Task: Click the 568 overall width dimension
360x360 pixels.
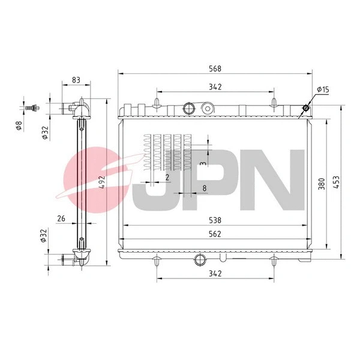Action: click(x=215, y=67)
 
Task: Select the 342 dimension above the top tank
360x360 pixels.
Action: click(x=215, y=86)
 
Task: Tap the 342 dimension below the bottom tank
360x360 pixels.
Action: click(x=215, y=274)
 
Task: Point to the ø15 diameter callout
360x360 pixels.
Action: click(x=324, y=90)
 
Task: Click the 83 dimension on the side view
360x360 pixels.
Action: click(x=76, y=79)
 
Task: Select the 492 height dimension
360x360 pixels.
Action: click(x=102, y=182)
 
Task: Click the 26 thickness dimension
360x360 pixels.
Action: click(x=61, y=218)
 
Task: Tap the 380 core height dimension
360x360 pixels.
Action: click(x=322, y=184)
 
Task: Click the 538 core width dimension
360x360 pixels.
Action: click(x=215, y=220)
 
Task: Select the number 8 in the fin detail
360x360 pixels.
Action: click(x=205, y=188)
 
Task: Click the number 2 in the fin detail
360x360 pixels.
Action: click(x=167, y=178)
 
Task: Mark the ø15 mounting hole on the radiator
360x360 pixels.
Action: click(x=306, y=108)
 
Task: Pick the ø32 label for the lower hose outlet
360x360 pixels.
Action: click(x=43, y=236)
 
